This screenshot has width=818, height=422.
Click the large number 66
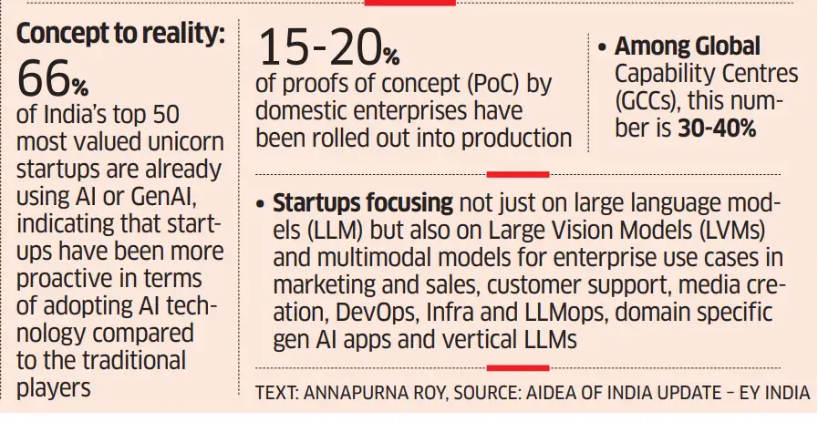[44, 78]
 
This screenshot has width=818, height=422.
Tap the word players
[54, 388]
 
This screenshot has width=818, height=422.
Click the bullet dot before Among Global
[603, 48]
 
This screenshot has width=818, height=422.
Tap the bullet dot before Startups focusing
[261, 205]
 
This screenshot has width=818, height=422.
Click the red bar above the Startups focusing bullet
[517, 175]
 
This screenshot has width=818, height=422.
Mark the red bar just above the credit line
[517, 368]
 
